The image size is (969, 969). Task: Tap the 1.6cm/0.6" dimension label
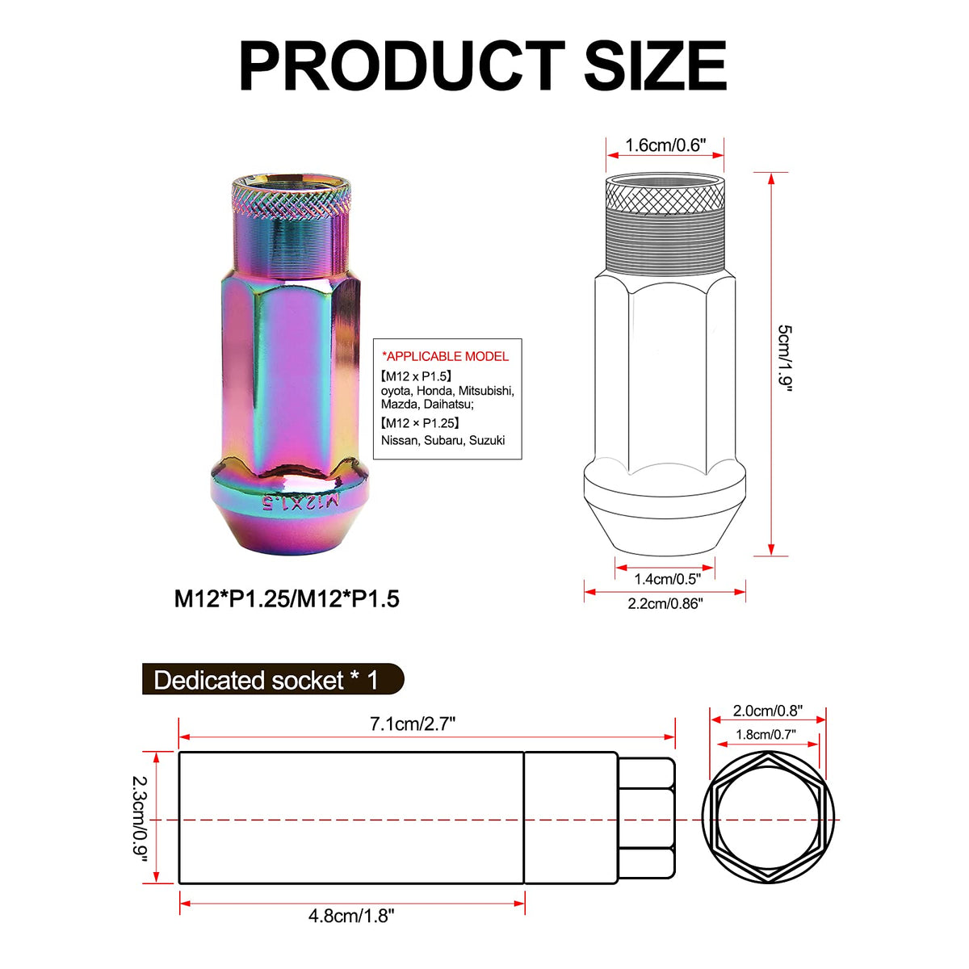[x=665, y=145]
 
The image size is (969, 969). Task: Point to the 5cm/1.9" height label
[x=785, y=358]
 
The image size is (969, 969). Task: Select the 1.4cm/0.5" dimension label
[x=667, y=579]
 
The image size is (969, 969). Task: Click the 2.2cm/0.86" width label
[x=665, y=603]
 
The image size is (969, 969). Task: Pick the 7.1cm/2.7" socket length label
[x=413, y=724]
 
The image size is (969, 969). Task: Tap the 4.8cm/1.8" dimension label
[x=351, y=916]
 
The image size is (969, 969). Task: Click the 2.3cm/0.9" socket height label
[x=139, y=819]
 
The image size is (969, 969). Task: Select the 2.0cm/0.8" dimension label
[x=767, y=711]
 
